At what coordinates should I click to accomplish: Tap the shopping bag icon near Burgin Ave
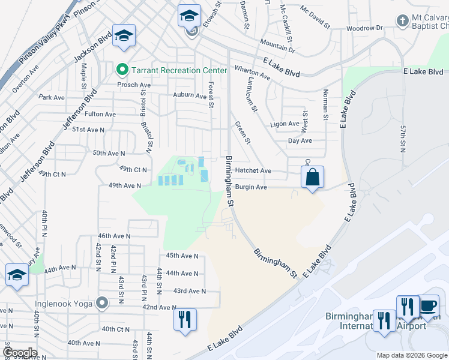click(312, 177)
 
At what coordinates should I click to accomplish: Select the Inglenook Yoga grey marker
click(102, 304)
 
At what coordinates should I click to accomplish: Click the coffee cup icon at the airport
click(429, 305)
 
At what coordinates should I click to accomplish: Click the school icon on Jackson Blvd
click(125, 37)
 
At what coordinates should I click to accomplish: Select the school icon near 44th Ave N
click(16, 275)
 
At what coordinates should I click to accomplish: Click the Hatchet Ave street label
click(253, 171)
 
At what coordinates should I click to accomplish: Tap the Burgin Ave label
click(251, 187)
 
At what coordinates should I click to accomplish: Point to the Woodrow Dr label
click(364, 28)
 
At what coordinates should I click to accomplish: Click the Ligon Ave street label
click(285, 124)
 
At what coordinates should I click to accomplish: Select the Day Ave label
click(300, 141)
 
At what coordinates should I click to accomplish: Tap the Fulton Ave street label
click(101, 114)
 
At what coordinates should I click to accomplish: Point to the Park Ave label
click(51, 97)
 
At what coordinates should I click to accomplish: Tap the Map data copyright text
click(412, 355)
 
